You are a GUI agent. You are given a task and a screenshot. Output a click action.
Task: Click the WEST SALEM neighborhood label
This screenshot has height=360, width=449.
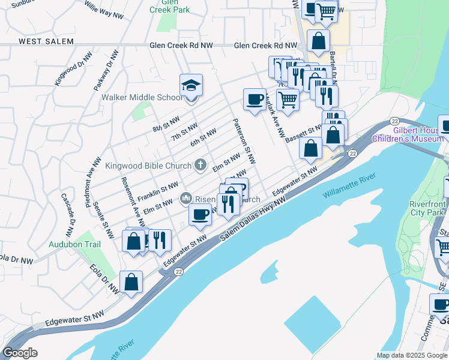(x=46, y=41)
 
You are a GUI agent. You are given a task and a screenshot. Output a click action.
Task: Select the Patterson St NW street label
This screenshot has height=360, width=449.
(x=244, y=141)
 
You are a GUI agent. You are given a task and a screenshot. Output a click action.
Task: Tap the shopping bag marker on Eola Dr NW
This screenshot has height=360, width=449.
(x=131, y=282)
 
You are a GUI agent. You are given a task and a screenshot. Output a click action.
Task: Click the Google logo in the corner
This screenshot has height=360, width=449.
(x=19, y=353)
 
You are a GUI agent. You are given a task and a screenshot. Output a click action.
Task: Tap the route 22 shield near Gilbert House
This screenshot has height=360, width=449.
(x=394, y=121)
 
